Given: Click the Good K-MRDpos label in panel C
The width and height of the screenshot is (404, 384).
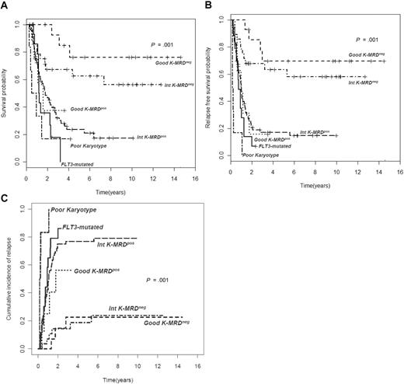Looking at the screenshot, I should [100, 274].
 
